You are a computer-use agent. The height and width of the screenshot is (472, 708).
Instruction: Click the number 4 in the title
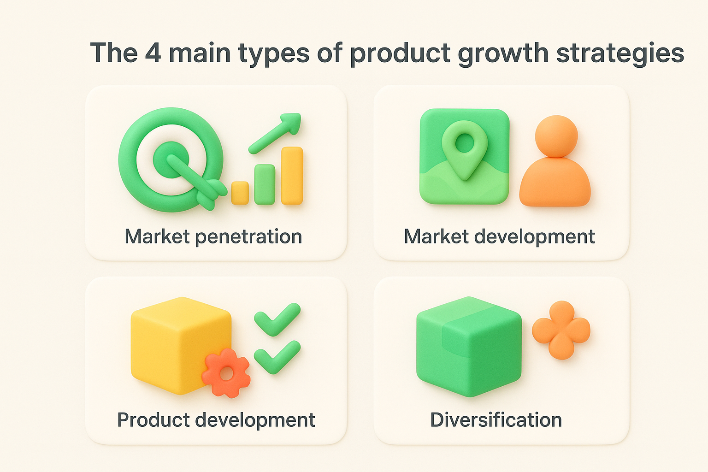(153, 53)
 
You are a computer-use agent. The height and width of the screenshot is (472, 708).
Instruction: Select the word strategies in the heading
(620, 54)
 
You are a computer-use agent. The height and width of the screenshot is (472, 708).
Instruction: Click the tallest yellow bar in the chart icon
(292, 175)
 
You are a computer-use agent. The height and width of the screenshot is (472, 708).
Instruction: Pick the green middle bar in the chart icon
(265, 184)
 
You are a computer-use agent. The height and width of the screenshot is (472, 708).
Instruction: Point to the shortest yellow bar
(240, 193)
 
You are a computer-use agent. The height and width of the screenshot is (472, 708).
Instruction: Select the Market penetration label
(213, 236)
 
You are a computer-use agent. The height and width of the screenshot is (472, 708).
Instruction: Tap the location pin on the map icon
(464, 147)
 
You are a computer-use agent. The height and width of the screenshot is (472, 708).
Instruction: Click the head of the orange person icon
(556, 136)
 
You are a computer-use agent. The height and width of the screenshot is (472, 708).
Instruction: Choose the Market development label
(499, 236)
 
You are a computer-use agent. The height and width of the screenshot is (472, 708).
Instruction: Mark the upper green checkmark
(277, 319)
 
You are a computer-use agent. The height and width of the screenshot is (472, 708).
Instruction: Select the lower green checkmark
(277, 356)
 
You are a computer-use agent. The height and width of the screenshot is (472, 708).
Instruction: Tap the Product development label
(216, 420)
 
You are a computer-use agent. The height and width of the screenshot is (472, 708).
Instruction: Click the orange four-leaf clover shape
(561, 330)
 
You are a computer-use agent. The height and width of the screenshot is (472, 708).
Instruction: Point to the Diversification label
(496, 420)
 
